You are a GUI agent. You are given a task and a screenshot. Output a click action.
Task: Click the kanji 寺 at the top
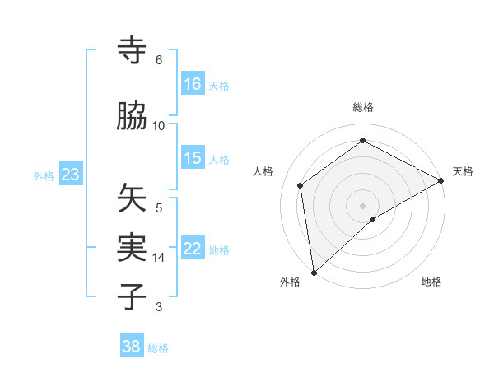click(133, 52)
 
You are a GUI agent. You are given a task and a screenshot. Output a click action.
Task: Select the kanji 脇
click(133, 117)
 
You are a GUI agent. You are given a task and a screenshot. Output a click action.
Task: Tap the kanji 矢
click(133, 198)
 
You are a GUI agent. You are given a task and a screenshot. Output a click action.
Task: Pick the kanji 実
click(133, 246)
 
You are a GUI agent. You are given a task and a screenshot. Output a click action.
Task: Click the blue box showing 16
click(193, 84)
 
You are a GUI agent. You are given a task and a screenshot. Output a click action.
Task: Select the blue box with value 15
click(193, 159)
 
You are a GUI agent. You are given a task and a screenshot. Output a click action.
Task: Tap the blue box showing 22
click(193, 249)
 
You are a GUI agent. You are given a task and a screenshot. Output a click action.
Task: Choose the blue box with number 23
click(71, 175)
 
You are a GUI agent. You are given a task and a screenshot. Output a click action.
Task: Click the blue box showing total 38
click(132, 347)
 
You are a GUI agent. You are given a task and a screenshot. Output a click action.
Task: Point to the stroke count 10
click(159, 125)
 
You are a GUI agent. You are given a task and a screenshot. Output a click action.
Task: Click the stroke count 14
click(159, 257)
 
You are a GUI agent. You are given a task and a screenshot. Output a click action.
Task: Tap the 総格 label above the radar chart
click(362, 107)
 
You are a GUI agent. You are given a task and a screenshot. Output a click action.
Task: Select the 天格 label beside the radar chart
click(463, 171)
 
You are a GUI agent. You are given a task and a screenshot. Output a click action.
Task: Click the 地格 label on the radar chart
click(431, 282)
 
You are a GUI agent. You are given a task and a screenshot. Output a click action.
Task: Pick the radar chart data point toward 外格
click(314, 272)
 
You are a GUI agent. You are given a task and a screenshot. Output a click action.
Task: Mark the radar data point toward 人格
click(301, 185)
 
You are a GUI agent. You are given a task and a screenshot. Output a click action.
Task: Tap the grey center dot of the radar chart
click(362, 205)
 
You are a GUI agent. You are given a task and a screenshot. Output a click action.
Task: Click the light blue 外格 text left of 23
click(44, 175)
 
